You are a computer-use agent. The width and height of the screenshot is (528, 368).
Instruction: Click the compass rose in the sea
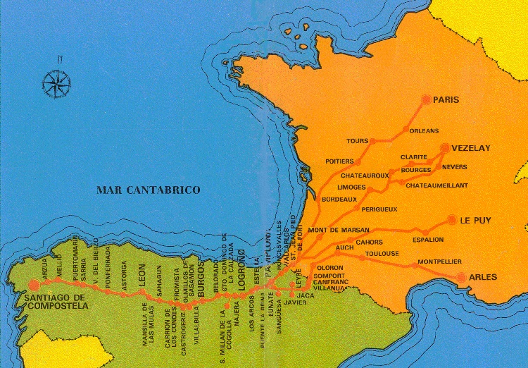56,83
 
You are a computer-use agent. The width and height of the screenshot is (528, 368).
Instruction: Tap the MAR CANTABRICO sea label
149,190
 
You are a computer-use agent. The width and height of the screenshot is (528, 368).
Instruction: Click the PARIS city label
446,100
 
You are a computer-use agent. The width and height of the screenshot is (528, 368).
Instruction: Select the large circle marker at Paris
426,99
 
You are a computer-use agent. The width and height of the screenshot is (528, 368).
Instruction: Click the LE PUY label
475,220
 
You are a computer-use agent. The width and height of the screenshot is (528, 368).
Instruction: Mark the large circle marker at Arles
462,278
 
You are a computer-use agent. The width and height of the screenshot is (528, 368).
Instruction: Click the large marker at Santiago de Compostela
33,285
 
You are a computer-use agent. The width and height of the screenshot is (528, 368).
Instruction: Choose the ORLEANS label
425,130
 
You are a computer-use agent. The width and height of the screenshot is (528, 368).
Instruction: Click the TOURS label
358,141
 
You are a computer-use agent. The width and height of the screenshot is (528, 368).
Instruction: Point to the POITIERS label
340,161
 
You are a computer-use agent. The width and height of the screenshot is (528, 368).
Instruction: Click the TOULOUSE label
382,254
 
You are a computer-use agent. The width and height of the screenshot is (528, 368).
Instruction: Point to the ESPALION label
428,240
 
